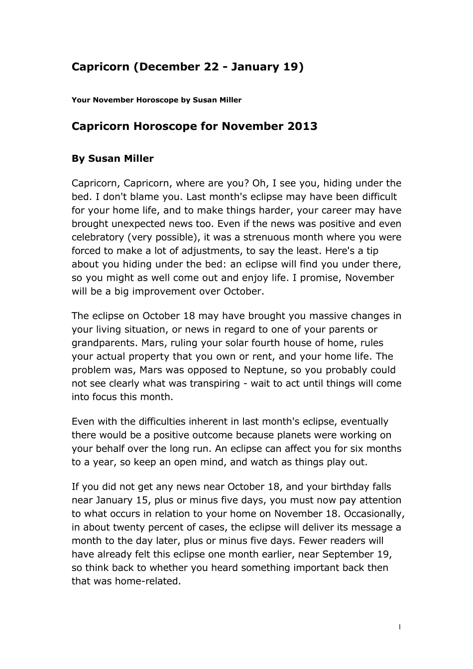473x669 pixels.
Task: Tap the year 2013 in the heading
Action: click(x=302, y=126)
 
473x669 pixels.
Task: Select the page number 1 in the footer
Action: click(x=399, y=627)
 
